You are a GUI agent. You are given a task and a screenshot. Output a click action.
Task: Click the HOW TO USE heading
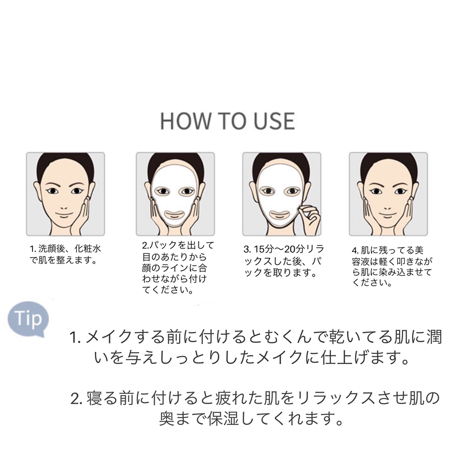point(227,121)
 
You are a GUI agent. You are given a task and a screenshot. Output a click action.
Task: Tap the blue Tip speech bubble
point(28,318)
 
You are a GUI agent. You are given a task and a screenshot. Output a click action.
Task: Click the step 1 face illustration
point(65,194)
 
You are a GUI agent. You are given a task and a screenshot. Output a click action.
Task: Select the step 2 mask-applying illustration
point(175,194)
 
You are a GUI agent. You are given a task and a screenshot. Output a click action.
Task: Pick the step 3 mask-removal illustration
point(281,194)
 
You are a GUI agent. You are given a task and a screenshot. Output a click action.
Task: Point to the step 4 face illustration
point(388,194)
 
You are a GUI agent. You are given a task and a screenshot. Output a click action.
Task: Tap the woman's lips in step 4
point(387,211)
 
